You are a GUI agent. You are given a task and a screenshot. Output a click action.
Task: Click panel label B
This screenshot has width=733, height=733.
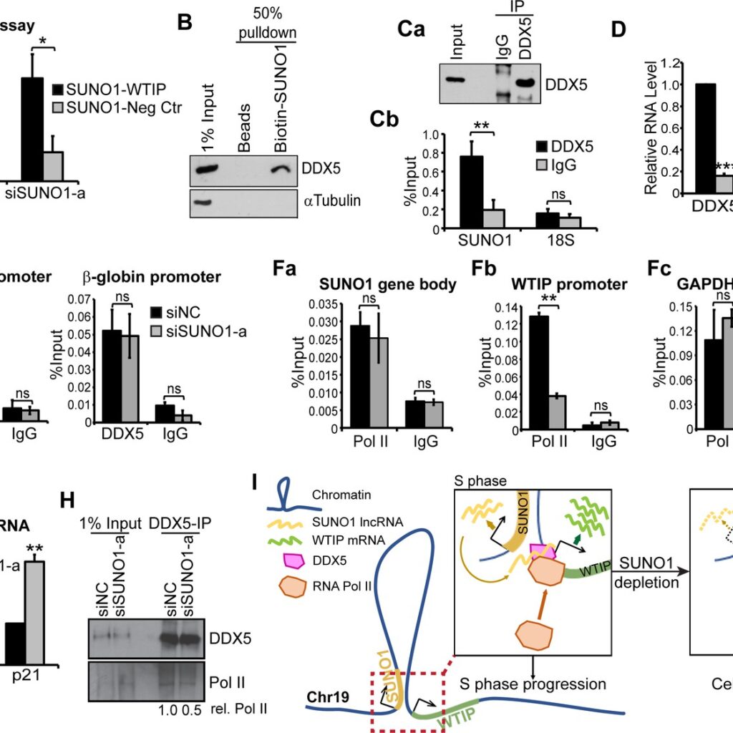click(x=185, y=24)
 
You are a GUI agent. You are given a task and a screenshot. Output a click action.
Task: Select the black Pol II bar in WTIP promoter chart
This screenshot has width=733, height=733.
click(x=538, y=372)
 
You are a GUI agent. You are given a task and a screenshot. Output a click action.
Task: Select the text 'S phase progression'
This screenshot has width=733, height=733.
click(x=533, y=684)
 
